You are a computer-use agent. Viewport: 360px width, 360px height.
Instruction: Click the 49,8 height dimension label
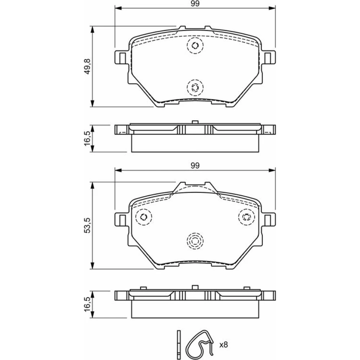pyautogui.click(x=87, y=66)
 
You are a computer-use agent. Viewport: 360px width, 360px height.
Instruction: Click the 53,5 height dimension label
pyautogui.click(x=87, y=225)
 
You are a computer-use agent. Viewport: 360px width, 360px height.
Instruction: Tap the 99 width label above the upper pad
pyautogui.click(x=195, y=4)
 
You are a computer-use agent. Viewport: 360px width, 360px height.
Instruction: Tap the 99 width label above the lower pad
pyautogui.click(x=195, y=166)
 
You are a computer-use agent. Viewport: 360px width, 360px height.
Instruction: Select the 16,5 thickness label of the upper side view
pyautogui.click(x=87, y=139)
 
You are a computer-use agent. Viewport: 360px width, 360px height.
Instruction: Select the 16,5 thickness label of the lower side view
pyautogui.click(x=87, y=304)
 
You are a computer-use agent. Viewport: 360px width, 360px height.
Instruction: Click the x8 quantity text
pyautogui.click(x=224, y=345)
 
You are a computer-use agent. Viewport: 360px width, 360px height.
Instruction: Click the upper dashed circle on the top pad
pyautogui.click(x=195, y=45)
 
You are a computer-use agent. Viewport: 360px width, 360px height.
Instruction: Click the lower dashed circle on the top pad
pyautogui.click(x=195, y=87)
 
